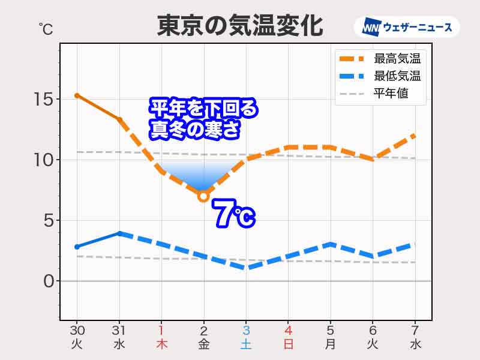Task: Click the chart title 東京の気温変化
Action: [240, 26]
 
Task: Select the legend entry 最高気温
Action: [397, 59]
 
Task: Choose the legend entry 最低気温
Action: [397, 76]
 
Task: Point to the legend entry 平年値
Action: [391, 94]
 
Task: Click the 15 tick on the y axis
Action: [43, 99]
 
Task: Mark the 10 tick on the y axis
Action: [43, 160]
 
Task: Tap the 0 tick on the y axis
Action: [49, 281]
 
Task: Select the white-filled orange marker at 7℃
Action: [203, 196]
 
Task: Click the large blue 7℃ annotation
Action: [234, 215]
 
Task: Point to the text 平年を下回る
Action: [203, 109]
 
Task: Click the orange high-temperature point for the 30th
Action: [77, 95]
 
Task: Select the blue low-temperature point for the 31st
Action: [119, 233]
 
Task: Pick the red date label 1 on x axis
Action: [161, 330]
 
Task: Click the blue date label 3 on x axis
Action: [245, 330]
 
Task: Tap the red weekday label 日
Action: [288, 344]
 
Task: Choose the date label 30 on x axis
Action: [77, 330]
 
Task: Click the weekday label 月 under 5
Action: [330, 344]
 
